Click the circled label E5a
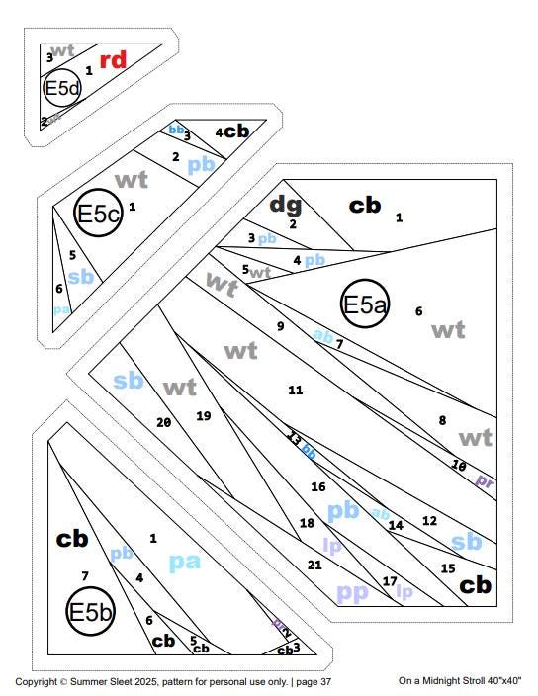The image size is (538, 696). [x=364, y=305]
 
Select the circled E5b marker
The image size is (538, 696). [x=91, y=612]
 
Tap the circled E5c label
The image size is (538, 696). [x=99, y=213]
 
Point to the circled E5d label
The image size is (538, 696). [x=61, y=90]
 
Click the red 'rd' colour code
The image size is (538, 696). [x=114, y=60]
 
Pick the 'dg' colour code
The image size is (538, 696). [x=286, y=205]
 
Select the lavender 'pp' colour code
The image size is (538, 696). [x=353, y=593]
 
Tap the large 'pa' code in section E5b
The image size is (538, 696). [x=185, y=562]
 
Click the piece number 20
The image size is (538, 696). [x=164, y=422]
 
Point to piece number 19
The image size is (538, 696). [x=204, y=416]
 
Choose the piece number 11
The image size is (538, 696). [x=295, y=391]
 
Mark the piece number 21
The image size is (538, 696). [x=314, y=565]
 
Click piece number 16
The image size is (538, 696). [x=317, y=487]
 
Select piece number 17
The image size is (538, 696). [x=389, y=581]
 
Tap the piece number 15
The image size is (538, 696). [x=447, y=567]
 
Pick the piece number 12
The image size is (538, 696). [x=429, y=520]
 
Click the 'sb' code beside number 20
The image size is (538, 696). [x=129, y=381]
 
